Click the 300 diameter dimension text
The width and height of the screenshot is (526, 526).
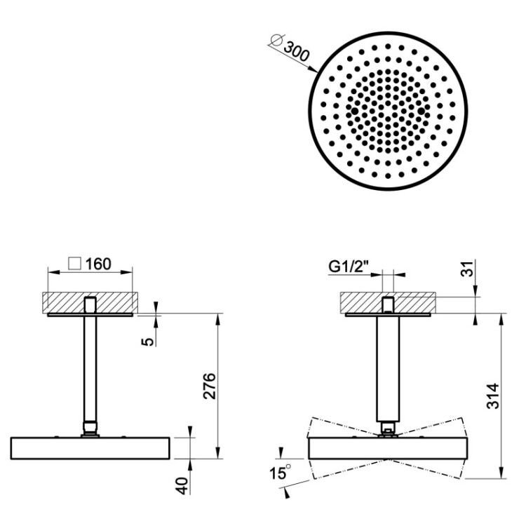click(x=296, y=52)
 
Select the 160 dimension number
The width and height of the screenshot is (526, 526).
click(x=98, y=264)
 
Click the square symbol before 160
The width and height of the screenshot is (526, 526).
click(x=74, y=263)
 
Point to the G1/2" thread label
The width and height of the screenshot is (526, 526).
click(x=349, y=267)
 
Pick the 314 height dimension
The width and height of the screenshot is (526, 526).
click(x=493, y=396)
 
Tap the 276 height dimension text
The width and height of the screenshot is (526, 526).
click(x=210, y=386)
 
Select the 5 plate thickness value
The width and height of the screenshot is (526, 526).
click(x=147, y=342)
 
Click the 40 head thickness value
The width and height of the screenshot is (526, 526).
click(x=183, y=485)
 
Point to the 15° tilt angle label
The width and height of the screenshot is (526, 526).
click(x=280, y=473)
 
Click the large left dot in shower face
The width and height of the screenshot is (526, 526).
click(x=355, y=111)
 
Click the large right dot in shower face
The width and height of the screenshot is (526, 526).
click(x=422, y=111)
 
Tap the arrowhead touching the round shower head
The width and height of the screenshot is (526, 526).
click(x=313, y=69)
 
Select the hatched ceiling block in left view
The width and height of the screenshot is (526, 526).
click(x=90, y=302)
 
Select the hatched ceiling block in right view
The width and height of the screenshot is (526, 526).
click(x=388, y=302)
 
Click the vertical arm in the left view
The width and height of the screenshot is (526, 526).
click(x=90, y=369)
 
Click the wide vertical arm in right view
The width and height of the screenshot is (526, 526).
click(x=388, y=369)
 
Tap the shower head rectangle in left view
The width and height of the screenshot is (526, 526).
click(x=90, y=448)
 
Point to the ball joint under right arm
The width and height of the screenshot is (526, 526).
click(x=388, y=429)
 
